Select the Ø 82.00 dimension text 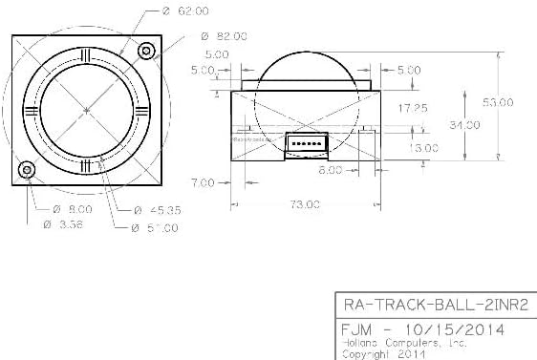(225, 36)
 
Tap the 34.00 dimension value (467, 125)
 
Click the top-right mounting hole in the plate (147, 50)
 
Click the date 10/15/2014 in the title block (456, 328)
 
